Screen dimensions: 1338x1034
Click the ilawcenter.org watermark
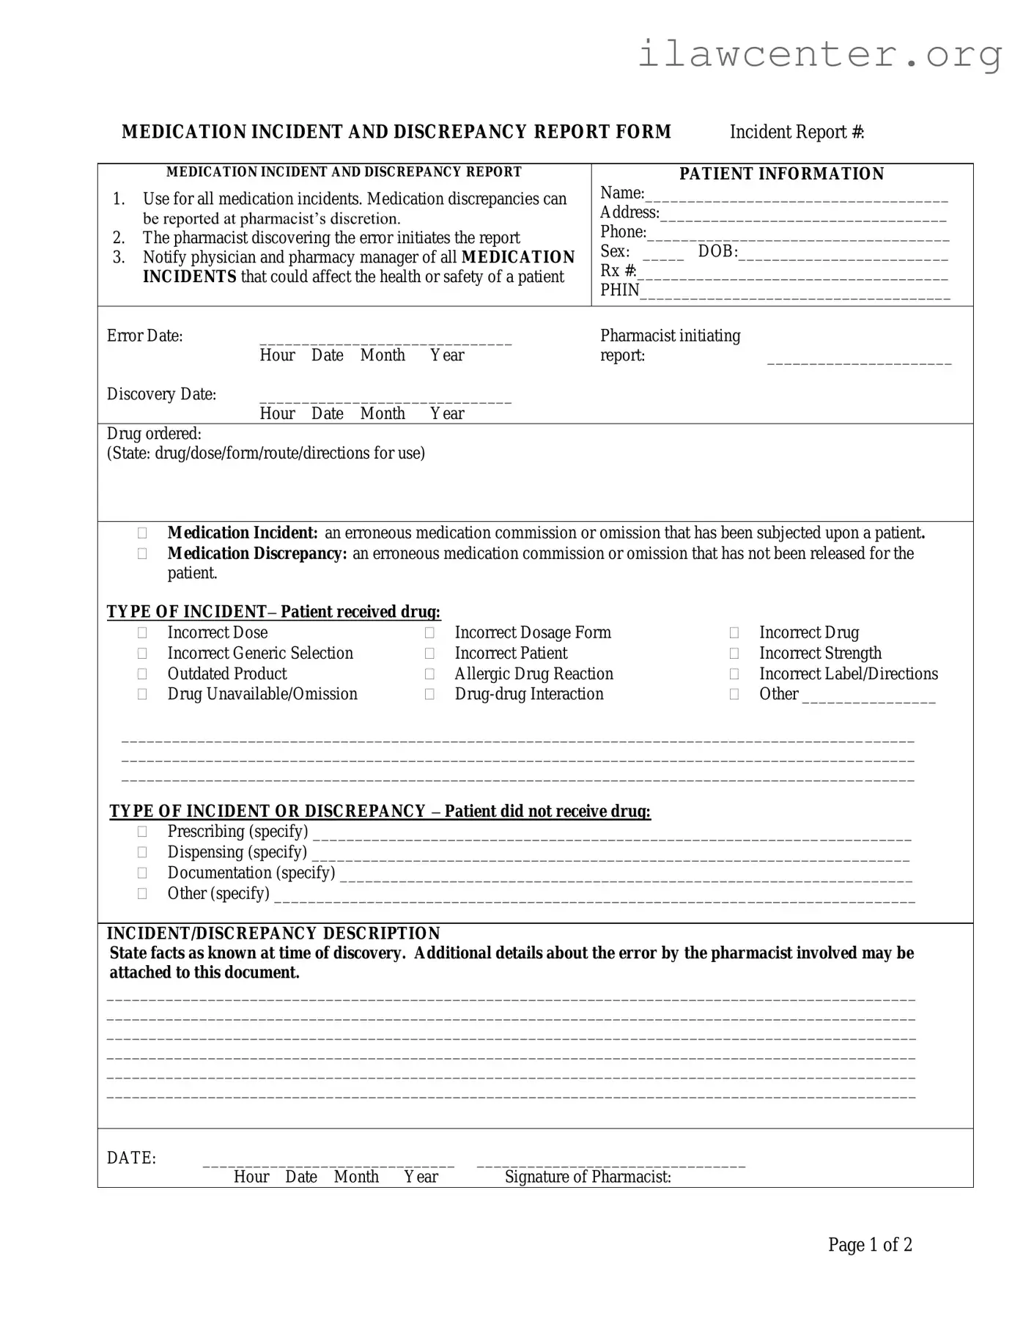819,54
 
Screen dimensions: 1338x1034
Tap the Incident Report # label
797,132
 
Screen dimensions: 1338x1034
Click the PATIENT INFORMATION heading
781,174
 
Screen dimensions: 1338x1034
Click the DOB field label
717,251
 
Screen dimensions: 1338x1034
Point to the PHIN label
619,290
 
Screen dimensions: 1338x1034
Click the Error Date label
144,336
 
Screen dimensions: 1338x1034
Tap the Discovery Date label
161,394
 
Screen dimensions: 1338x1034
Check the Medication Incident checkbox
142,533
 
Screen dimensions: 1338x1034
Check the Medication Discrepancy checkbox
142,554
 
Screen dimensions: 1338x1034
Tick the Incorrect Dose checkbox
142,633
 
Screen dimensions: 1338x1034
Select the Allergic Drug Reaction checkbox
429,674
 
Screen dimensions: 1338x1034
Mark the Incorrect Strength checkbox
734,654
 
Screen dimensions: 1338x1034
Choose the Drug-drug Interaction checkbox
429,695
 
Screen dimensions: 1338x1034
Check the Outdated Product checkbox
142,674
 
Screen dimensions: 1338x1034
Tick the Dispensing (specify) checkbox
142,852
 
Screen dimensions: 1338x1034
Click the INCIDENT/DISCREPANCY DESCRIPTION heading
273,934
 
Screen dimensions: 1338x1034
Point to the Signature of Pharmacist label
588,1177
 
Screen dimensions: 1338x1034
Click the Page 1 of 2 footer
870,1245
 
